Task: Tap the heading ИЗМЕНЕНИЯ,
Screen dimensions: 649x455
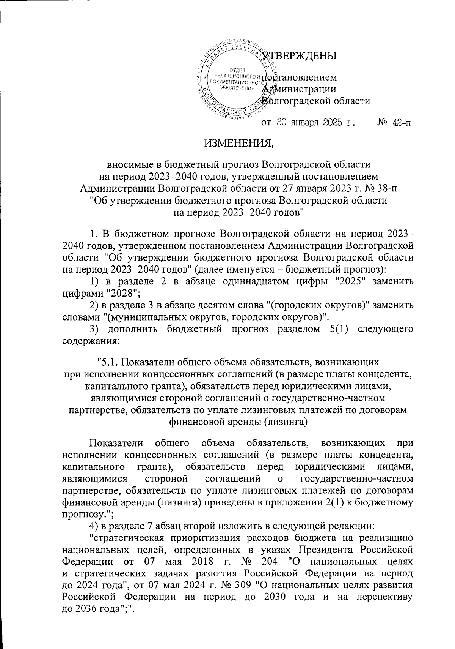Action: (238, 144)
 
